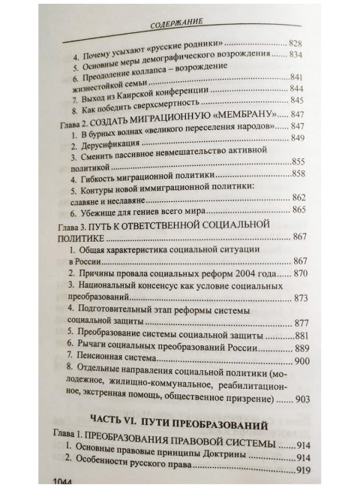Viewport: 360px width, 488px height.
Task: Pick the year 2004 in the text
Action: point(237,275)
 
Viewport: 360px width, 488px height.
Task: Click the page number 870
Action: point(300,275)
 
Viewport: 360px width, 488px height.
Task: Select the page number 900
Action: point(301,361)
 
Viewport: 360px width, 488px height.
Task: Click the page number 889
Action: point(301,348)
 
